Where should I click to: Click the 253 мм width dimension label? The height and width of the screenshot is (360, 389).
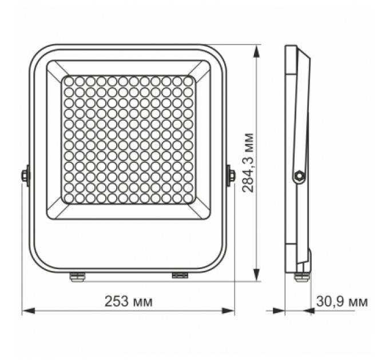click(x=129, y=301)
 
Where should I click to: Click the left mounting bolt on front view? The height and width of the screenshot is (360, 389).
click(x=26, y=174)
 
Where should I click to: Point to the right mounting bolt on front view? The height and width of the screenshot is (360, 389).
click(x=231, y=174)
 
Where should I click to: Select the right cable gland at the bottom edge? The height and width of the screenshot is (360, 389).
click(x=180, y=275)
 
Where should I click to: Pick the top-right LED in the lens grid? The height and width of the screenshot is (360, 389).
click(x=187, y=82)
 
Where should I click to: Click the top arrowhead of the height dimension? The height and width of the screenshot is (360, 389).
click(x=257, y=48)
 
